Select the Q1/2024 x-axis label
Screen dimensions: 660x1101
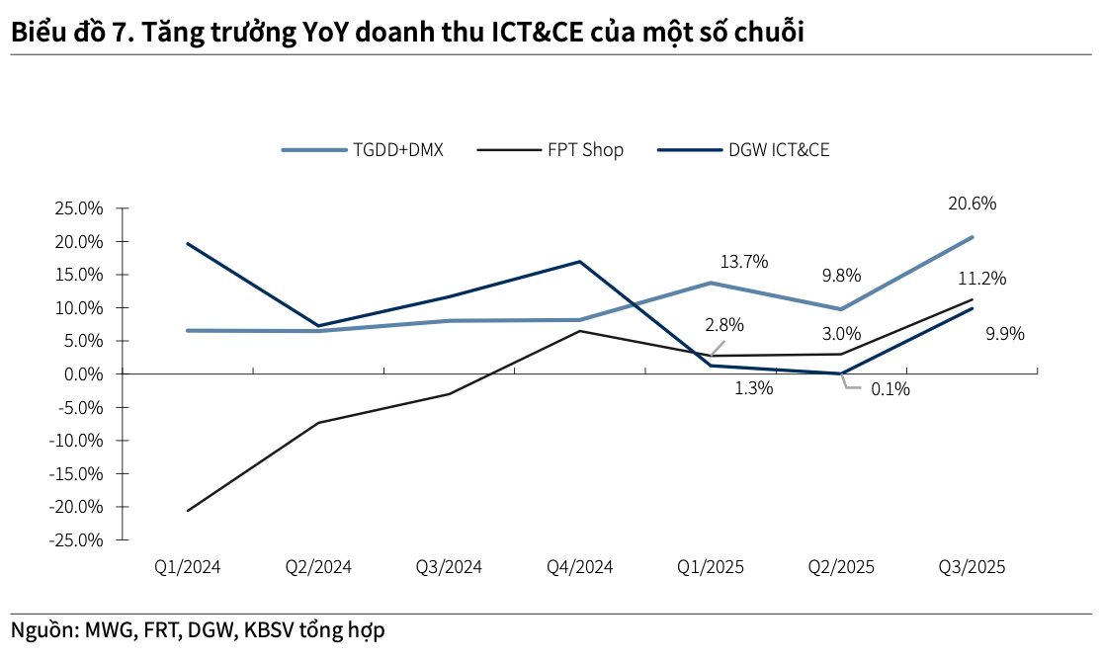tap(187, 567)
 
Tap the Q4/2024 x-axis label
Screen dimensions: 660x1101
tap(579, 567)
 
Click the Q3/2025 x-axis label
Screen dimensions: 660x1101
tap(972, 567)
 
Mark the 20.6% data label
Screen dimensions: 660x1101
tap(972, 205)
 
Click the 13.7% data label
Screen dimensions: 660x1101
tap(743, 262)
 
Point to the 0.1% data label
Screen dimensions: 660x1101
tap(889, 389)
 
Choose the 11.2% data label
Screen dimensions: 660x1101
tap(981, 279)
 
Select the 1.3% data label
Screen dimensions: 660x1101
tap(753, 388)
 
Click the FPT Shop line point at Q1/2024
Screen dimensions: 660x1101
tap(188, 511)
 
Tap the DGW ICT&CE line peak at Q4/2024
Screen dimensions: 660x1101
tap(580, 262)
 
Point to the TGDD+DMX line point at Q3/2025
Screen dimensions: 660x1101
tap(973, 237)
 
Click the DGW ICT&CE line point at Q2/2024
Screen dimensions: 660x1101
tap(318, 326)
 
